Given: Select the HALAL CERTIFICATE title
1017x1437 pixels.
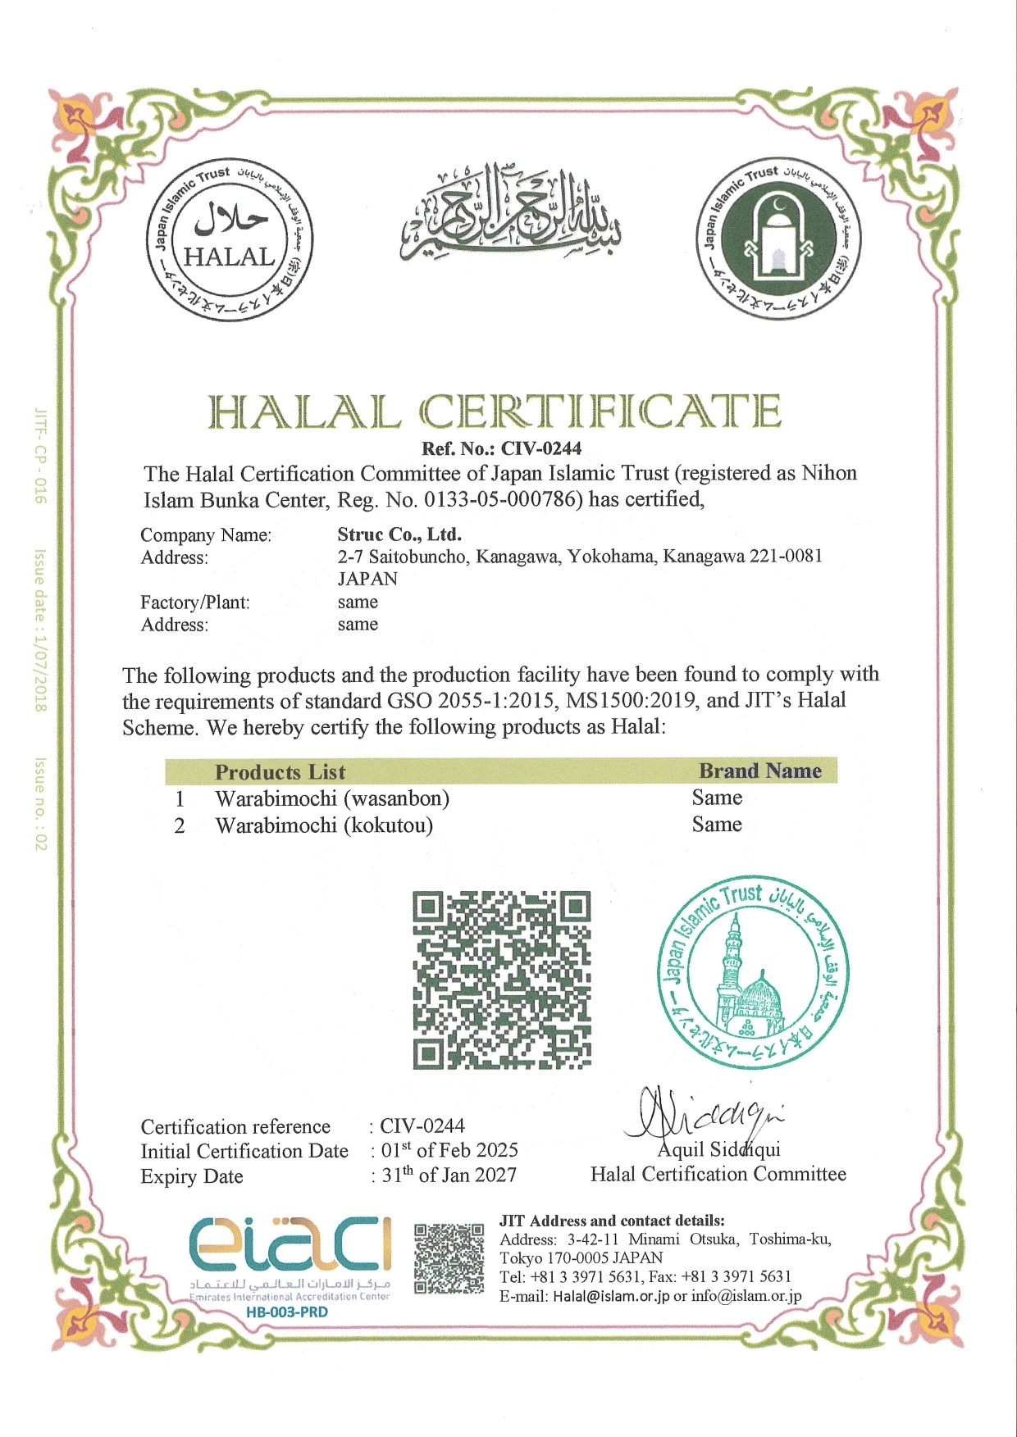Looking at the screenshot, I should pyautogui.click(x=495, y=412).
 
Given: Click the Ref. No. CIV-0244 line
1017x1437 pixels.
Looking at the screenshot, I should pyautogui.click(x=501, y=448).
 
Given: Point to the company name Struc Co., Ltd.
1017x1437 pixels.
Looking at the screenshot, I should pyautogui.click(x=399, y=534).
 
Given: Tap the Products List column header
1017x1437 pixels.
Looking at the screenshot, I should pyautogui.click(x=280, y=772).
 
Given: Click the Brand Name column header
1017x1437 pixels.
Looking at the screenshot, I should pyautogui.click(x=759, y=771).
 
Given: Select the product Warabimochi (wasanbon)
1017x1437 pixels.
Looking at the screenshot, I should pyautogui.click(x=332, y=798).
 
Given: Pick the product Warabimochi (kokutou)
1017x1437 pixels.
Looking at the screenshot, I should pyautogui.click(x=324, y=825).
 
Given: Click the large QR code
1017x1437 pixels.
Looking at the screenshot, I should pyautogui.click(x=501, y=980).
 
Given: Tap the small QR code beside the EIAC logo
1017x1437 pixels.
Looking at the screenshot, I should pyautogui.click(x=449, y=1258).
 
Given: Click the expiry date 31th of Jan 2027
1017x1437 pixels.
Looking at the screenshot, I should pyautogui.click(x=449, y=1175).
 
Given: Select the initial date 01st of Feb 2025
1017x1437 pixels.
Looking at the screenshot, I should pyautogui.click(x=449, y=1149).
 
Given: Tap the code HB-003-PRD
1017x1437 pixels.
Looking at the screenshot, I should pyautogui.click(x=286, y=1312).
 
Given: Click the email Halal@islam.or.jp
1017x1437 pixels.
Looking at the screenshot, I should pyautogui.click(x=611, y=1296).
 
